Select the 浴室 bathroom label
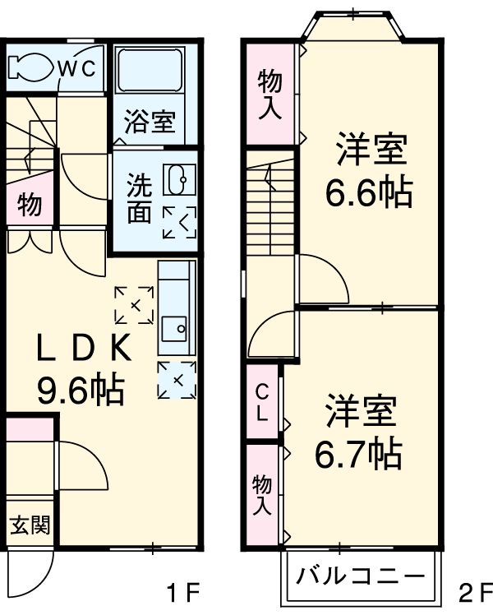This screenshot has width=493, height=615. [150, 123]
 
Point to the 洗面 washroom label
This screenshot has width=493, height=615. [138, 197]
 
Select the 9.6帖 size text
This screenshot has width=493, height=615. [81, 389]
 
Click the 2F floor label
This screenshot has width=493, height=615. [475, 590]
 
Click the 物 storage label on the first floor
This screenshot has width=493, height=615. [30, 206]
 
